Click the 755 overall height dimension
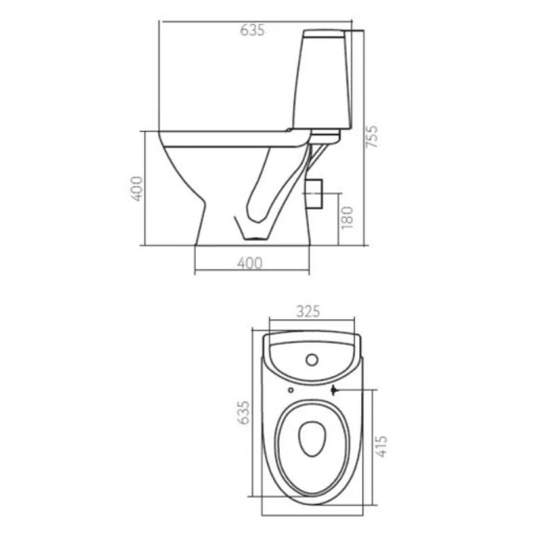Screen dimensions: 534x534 (372, 137)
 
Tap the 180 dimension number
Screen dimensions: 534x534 (347, 218)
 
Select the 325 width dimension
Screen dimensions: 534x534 (308, 311)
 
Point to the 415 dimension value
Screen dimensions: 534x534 (381, 446)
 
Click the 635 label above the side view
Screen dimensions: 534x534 (252, 30)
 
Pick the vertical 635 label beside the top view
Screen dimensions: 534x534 (244, 413)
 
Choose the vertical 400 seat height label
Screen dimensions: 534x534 (137, 189)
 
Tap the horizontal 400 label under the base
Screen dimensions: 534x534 (250, 263)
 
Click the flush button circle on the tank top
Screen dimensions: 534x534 (312, 360)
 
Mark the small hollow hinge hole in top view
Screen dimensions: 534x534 (290, 390)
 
